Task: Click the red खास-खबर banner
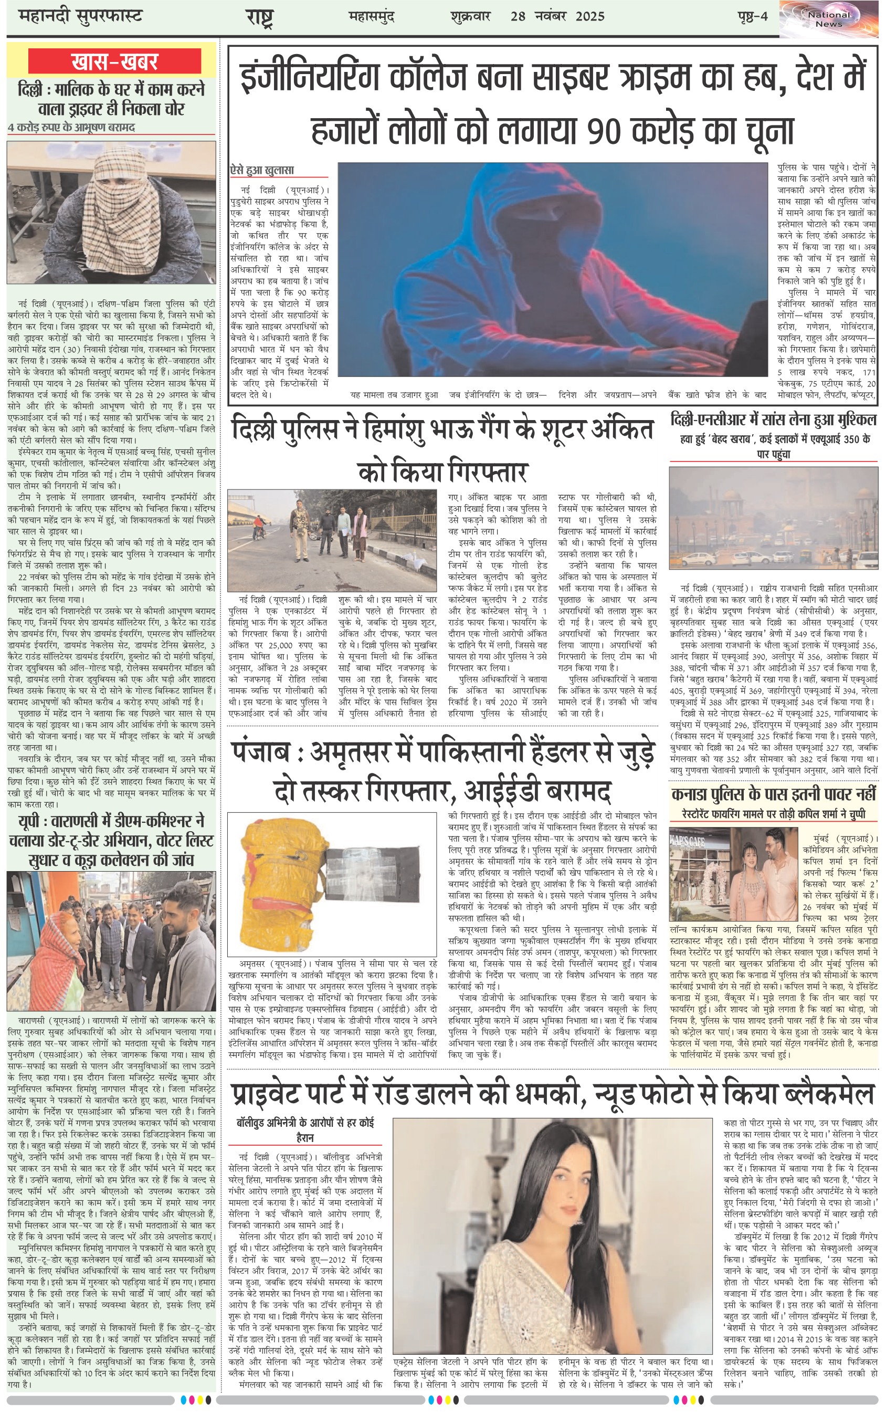point(114,61)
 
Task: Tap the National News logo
point(829,19)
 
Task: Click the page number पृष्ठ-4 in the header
point(752,16)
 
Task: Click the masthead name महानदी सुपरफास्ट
point(80,16)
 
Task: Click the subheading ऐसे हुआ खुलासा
point(262,170)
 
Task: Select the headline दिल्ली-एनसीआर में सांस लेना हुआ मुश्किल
point(774,420)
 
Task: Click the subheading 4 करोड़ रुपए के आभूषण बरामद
point(71,128)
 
